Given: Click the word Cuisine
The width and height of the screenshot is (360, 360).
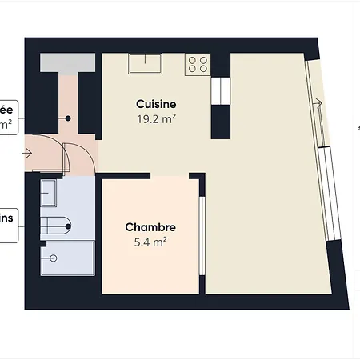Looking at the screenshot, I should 156,105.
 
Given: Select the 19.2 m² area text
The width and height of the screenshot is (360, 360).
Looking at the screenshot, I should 156,119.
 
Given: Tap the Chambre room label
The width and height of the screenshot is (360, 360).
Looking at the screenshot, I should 150,227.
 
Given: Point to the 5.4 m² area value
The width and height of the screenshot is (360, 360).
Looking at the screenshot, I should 150,241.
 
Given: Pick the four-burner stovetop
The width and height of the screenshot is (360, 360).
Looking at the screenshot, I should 197,64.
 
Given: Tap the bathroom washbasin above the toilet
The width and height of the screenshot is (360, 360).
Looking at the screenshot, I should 49,194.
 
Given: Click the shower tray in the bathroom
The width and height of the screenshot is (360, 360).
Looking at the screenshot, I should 67,257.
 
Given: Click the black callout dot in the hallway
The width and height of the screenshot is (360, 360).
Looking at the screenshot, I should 69,118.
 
